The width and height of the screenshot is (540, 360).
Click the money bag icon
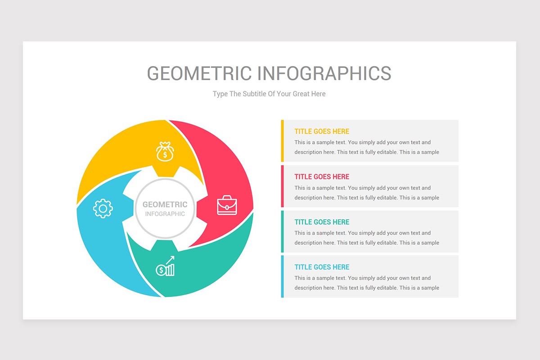(165, 151)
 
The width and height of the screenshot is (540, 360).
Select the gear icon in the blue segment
(103, 208)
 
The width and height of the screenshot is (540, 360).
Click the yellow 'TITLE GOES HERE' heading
(322, 131)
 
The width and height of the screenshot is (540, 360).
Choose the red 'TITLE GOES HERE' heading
(322, 176)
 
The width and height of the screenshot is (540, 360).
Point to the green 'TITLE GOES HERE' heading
(322, 222)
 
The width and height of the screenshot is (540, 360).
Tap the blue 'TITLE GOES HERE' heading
(322, 267)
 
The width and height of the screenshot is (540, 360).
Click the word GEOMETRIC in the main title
(199, 73)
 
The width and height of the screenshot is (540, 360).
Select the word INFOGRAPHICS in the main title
(324, 73)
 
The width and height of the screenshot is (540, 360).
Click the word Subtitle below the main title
(254, 94)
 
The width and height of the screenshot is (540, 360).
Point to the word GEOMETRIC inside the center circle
(165, 204)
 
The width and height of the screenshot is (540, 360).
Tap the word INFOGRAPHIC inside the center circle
(165, 214)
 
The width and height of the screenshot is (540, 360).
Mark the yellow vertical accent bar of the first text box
(282, 141)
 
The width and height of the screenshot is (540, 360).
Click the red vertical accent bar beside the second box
(282, 186)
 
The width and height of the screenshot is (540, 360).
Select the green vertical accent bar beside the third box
(282, 231)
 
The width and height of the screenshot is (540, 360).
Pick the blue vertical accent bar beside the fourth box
(282, 276)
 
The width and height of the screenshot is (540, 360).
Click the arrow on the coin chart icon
(171, 260)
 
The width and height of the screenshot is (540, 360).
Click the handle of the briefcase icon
(227, 198)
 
